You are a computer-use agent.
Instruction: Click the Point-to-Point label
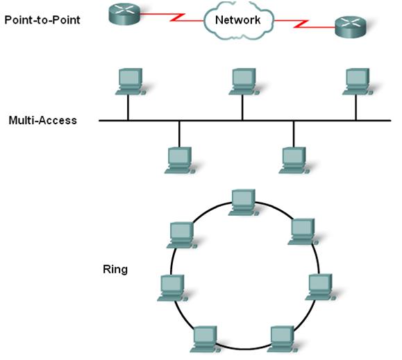point(42,20)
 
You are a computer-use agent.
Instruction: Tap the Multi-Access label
point(43,120)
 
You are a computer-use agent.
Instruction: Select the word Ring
point(115,270)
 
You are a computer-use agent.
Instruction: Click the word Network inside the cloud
point(237,20)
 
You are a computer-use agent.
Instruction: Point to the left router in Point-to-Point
point(124,14)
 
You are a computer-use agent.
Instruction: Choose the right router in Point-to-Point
point(351,27)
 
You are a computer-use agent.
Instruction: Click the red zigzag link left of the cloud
point(172,17)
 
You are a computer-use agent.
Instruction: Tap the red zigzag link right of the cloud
point(305,24)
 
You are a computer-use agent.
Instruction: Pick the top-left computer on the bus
point(131,82)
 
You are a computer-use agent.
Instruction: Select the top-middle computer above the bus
point(244,82)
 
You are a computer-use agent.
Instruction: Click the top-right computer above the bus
point(358,82)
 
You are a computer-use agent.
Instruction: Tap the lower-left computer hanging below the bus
point(180,160)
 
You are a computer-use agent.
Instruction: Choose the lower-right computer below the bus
point(294,160)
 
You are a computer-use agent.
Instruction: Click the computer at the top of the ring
point(244,203)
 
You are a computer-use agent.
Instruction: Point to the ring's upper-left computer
point(182,235)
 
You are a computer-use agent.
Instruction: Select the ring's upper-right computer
point(303,232)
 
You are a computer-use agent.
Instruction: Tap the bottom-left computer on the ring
point(206,339)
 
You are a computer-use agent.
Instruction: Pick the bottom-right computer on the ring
point(283,339)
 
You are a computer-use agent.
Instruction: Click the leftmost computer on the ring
point(173,288)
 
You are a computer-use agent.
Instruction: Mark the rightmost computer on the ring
point(321,287)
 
